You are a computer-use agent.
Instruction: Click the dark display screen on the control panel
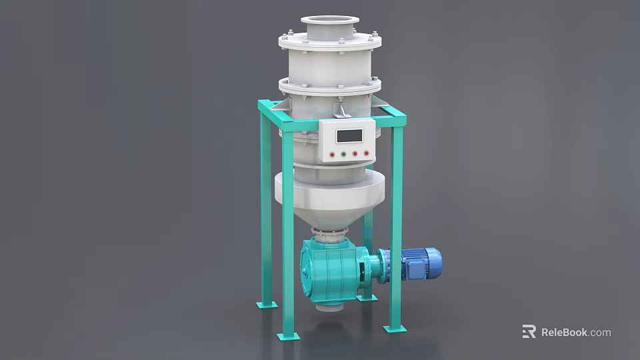[x=349, y=136]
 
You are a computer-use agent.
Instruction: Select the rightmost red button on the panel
[x=366, y=153]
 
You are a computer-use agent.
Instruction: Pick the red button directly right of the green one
[x=355, y=153]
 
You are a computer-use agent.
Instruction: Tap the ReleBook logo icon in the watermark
[x=529, y=331]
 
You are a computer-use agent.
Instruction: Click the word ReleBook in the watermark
[x=564, y=332]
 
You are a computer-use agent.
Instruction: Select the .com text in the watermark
[x=600, y=332]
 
